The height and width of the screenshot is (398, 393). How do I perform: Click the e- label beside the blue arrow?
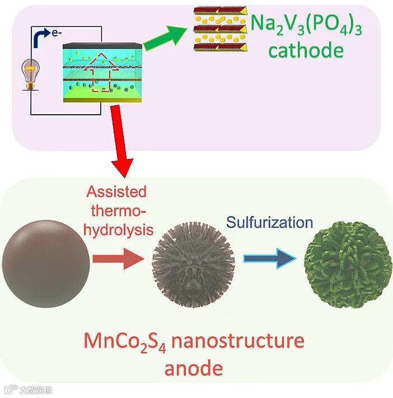[57, 34]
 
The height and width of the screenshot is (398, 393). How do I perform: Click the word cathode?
[305, 51]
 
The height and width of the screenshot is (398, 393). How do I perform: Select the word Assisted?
[116, 192]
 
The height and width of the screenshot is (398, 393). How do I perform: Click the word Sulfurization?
[269, 222]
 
